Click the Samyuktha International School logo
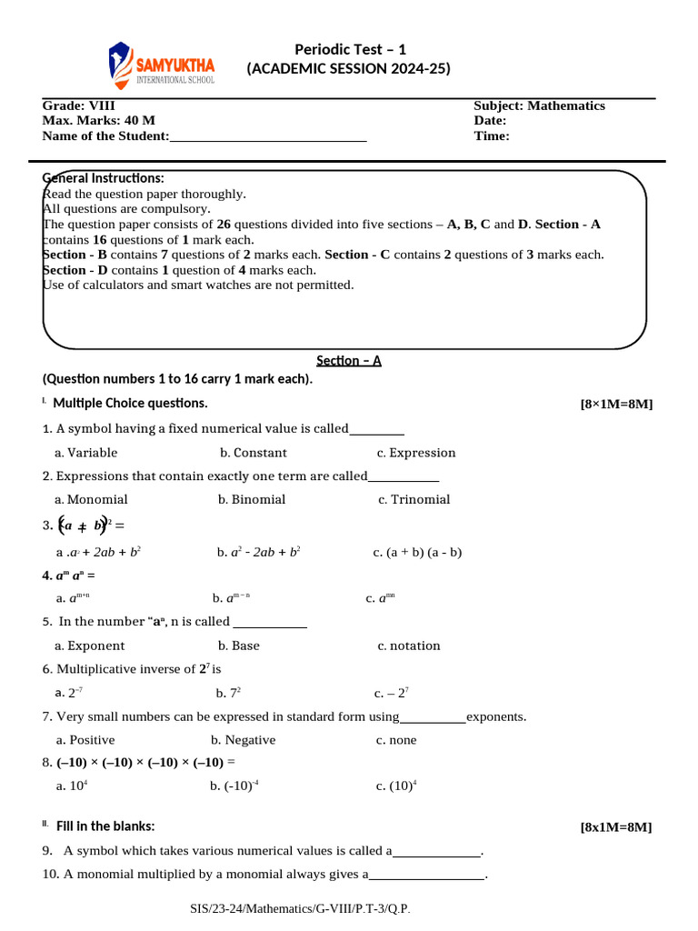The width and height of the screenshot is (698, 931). (162, 65)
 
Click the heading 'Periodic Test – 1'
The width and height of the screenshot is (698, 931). (350, 49)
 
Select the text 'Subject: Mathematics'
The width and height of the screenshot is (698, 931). (539, 105)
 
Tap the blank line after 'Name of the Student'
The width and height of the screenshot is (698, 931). (268, 137)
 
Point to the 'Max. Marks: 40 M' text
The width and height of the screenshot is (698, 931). (98, 121)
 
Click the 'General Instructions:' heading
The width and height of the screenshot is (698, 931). (104, 178)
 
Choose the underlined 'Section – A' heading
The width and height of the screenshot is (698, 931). (349, 360)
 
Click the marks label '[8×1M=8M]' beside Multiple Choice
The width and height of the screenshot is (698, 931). (615, 405)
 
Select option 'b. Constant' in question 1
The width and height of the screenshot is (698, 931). (253, 453)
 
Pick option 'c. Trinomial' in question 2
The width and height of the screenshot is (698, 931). (414, 499)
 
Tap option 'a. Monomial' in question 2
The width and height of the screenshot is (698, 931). (91, 499)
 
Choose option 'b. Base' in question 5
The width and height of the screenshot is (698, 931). (238, 646)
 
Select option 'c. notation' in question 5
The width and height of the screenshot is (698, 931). (408, 646)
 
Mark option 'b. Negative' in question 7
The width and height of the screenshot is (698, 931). (243, 740)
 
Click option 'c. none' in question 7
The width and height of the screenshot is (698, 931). (396, 740)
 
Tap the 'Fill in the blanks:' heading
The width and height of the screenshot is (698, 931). (105, 826)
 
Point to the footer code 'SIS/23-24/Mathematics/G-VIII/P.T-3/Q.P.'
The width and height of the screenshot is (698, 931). (305, 909)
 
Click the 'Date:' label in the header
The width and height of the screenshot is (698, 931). (490, 121)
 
